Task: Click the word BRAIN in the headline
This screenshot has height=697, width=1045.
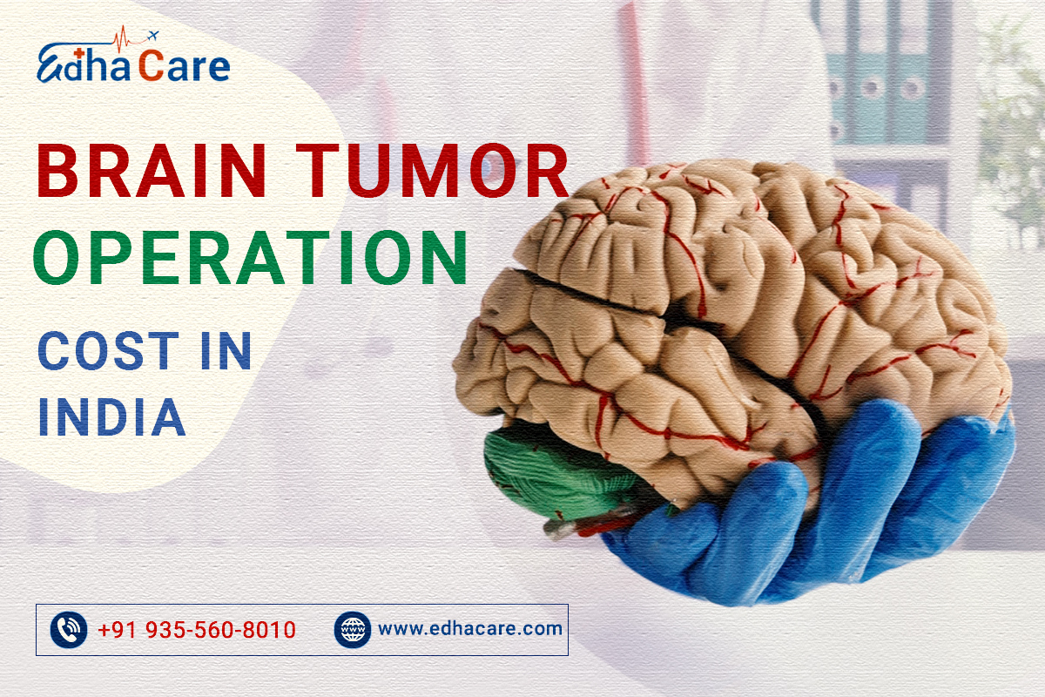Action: click(152, 171)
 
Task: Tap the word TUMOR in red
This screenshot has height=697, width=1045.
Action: click(432, 171)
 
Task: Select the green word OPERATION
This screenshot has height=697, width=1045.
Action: click(250, 257)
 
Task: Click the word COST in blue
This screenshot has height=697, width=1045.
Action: click(108, 350)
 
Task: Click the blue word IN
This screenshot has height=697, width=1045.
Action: click(226, 350)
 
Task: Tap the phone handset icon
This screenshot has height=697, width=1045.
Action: click(69, 630)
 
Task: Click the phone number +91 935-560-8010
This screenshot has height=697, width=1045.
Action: click(197, 630)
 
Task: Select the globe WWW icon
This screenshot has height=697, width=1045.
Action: click(353, 630)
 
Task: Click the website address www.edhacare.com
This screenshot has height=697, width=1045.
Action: click(470, 629)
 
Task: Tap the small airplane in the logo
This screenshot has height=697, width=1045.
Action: click(152, 36)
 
